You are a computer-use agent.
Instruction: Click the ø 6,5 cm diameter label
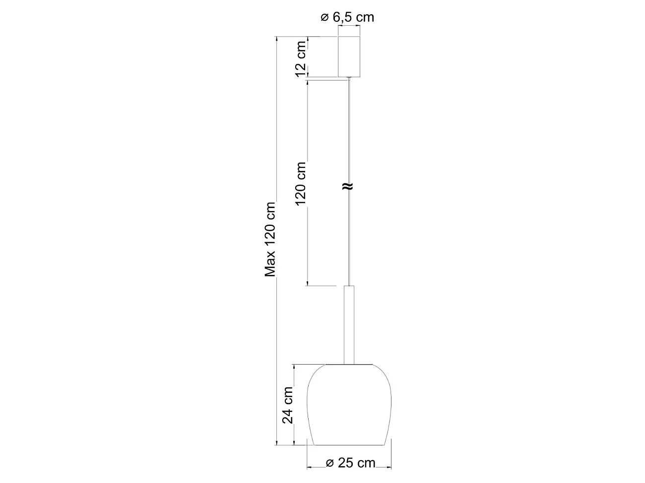[347, 18]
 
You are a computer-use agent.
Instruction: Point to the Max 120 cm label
[270, 239]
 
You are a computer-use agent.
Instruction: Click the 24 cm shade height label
[287, 405]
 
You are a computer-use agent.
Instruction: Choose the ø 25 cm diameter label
[350, 463]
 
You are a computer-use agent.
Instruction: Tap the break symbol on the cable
[348, 186]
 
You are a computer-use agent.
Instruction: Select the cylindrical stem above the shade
[349, 324]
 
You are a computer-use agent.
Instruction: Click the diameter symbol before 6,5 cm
[324, 18]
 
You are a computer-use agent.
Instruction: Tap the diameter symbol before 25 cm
[329, 463]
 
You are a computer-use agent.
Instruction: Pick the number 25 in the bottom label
[345, 463]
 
